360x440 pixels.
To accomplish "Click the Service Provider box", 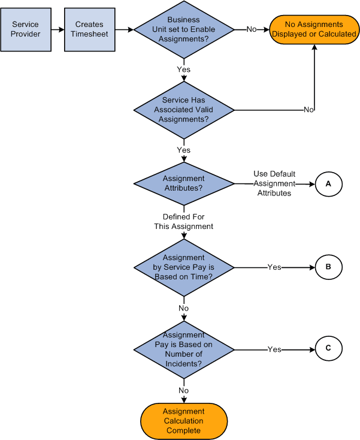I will (x=25, y=29).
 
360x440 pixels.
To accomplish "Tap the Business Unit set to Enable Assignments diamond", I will (x=184, y=29).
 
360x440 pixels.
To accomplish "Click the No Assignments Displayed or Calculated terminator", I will (x=314, y=29).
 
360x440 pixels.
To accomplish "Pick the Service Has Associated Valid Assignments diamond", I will (x=184, y=110).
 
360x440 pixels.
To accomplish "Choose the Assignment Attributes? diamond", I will (x=184, y=183).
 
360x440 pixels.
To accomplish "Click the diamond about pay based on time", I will (x=184, y=267).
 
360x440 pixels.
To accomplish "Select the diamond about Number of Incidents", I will (x=184, y=349).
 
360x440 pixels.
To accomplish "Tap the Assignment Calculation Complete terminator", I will (x=184, y=421).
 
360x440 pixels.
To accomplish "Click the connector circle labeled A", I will (x=328, y=184).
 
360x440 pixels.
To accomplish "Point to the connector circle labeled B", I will (x=328, y=267).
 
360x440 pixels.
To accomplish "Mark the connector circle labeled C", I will (x=328, y=349).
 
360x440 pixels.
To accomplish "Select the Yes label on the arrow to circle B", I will (x=274, y=267).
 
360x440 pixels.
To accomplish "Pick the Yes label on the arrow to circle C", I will (x=274, y=349).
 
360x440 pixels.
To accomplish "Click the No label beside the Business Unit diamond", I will (x=252, y=29).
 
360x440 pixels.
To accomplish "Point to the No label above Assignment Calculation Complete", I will (x=183, y=390).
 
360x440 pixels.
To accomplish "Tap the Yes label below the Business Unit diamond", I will (x=183, y=70).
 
